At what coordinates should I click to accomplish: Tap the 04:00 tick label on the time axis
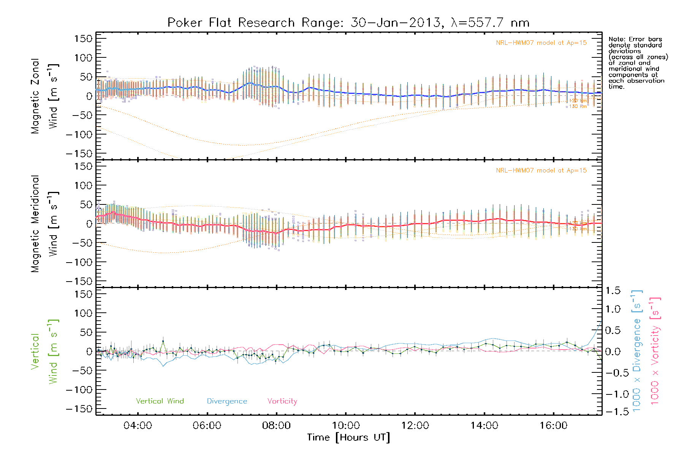click(138, 426)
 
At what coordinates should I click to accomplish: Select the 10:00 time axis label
click(345, 426)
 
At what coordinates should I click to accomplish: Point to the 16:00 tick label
click(553, 426)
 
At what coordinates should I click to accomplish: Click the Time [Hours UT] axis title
click(348, 438)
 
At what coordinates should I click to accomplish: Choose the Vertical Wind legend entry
click(160, 401)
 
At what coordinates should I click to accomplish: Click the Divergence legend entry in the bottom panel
click(227, 401)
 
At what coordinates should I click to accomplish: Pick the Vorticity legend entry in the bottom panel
click(282, 401)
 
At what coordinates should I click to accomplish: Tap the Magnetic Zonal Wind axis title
click(44, 96)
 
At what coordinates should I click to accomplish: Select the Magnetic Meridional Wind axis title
click(44, 224)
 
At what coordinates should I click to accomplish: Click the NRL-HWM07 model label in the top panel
click(541, 43)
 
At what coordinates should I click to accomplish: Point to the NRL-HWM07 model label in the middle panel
click(541, 171)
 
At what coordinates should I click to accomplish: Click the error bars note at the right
click(638, 63)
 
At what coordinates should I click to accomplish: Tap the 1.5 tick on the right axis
click(613, 291)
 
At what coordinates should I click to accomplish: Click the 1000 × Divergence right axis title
click(636, 351)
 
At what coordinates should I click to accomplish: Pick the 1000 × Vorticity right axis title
click(655, 351)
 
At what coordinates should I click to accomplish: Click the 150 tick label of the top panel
click(83, 39)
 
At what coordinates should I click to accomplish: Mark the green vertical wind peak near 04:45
click(163, 341)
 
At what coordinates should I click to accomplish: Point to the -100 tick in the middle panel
click(79, 262)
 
